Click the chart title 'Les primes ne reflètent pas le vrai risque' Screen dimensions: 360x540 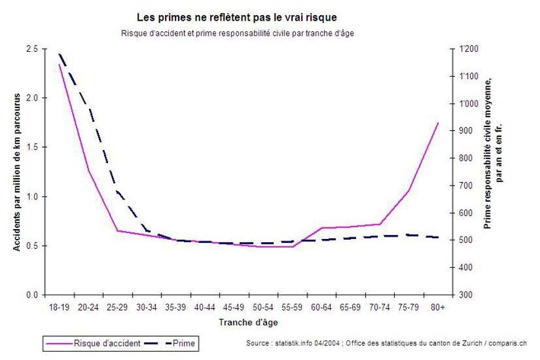(237, 16)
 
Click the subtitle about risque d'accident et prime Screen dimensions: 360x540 (237, 33)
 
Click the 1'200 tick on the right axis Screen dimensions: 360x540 (469, 49)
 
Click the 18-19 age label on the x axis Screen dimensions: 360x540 (59, 307)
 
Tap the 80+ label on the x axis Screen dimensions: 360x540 (437, 307)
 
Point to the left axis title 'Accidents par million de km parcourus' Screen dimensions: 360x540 (16, 171)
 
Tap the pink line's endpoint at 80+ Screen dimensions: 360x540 (437, 123)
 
